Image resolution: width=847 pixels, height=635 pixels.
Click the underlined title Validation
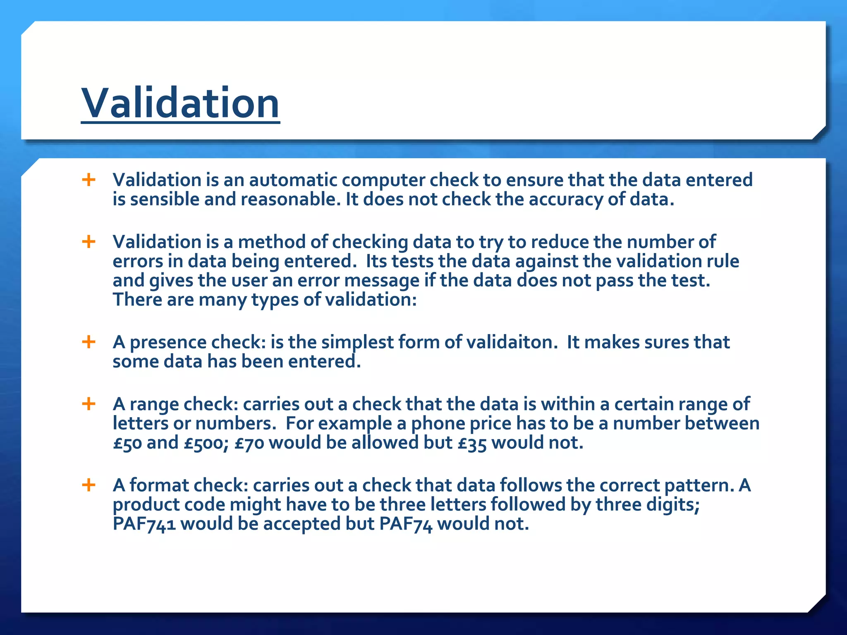180,103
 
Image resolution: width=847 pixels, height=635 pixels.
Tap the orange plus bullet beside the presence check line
89,342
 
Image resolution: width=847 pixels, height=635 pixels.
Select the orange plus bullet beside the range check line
89,403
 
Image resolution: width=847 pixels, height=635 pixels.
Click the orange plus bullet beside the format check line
89,485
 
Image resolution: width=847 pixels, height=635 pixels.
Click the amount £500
206,443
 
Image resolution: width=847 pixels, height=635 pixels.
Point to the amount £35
472,443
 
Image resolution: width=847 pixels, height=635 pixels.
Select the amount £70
249,443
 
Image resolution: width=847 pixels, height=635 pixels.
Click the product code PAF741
144,524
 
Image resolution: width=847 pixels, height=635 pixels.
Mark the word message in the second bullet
382,280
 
